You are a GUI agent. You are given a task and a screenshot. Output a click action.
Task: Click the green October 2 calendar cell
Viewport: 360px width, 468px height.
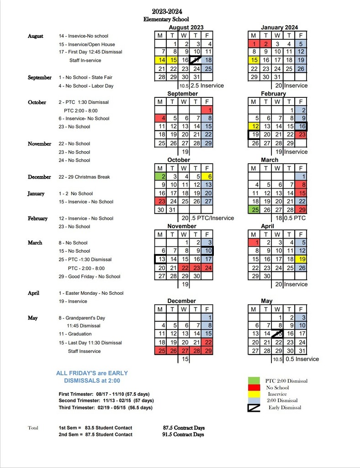pyautogui.click(x=161, y=176)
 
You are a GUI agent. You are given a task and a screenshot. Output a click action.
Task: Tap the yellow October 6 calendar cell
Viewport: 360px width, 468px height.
pyautogui.click(x=208, y=176)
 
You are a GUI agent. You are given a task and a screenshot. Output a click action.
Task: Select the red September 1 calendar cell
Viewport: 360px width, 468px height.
pyautogui.click(x=208, y=110)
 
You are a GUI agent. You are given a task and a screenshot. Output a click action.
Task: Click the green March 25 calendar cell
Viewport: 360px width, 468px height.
pyautogui.click(x=254, y=209)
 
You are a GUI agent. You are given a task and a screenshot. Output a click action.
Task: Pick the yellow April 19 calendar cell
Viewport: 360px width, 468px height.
pyautogui.click(x=301, y=259)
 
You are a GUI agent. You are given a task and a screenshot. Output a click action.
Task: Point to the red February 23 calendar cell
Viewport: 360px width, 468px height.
pyautogui.click(x=301, y=135)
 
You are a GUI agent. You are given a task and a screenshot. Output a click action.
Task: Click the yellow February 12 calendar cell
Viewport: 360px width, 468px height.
pyautogui.click(x=254, y=127)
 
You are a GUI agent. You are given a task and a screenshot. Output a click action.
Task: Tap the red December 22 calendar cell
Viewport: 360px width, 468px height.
pyautogui.click(x=208, y=342)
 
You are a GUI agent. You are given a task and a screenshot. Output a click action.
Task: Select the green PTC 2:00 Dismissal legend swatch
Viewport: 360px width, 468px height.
pyautogui.click(x=254, y=380)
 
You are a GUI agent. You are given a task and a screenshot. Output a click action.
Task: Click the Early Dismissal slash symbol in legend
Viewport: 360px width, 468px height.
pyautogui.click(x=254, y=407)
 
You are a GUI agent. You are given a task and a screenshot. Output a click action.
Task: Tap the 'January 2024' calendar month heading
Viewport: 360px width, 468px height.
pyautogui.click(x=278, y=27)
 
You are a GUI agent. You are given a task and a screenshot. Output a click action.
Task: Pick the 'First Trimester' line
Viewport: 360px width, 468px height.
pyautogui.click(x=104, y=394)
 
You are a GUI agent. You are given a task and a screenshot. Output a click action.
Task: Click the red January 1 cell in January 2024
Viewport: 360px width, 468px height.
pyautogui.click(x=254, y=44)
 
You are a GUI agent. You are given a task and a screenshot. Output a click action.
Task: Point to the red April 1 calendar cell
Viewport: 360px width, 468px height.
pyautogui.click(x=254, y=243)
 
